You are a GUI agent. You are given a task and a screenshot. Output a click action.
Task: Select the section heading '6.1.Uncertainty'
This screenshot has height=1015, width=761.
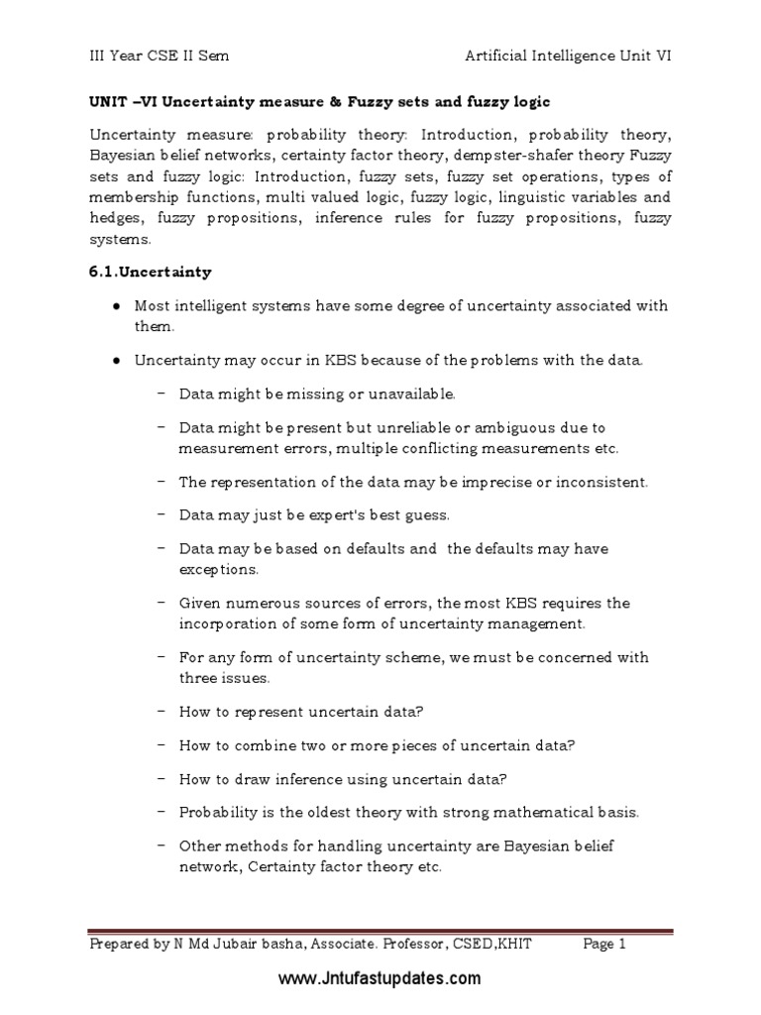(150, 272)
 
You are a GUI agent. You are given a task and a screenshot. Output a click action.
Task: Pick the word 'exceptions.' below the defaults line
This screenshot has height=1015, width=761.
(219, 570)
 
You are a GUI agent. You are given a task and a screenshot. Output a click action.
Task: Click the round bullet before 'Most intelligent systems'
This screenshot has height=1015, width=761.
(117, 305)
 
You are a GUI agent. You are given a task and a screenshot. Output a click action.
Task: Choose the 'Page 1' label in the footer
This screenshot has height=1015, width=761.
(604, 945)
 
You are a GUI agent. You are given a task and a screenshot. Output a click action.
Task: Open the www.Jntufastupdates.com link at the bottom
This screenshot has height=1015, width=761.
(380, 979)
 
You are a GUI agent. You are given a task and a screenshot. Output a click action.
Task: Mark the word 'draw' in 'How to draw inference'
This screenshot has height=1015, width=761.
(242, 778)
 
